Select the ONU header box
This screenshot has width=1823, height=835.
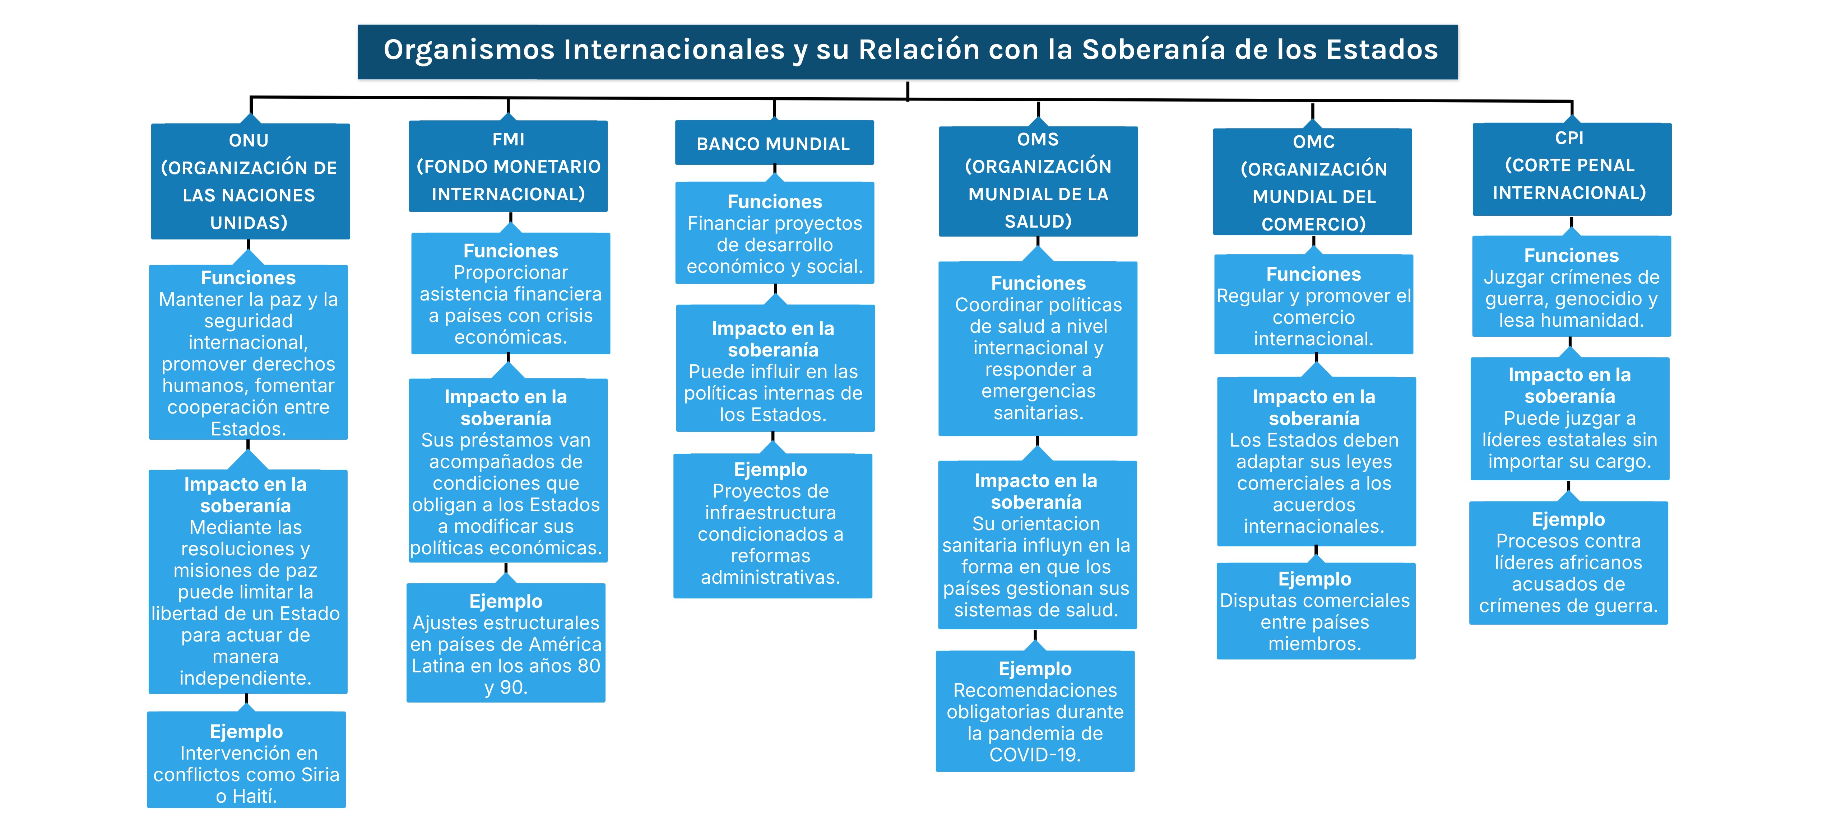coord(250,181)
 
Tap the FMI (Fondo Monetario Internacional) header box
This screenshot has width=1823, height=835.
coord(508,166)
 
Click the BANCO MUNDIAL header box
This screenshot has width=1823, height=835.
coord(774,144)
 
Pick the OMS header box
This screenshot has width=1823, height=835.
coord(1038,181)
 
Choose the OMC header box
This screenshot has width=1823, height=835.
coord(1313,183)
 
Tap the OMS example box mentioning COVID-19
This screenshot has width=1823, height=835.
coord(1035,711)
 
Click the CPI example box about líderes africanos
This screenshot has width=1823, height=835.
coord(1568,563)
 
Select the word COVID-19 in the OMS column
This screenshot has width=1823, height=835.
coord(1035,755)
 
